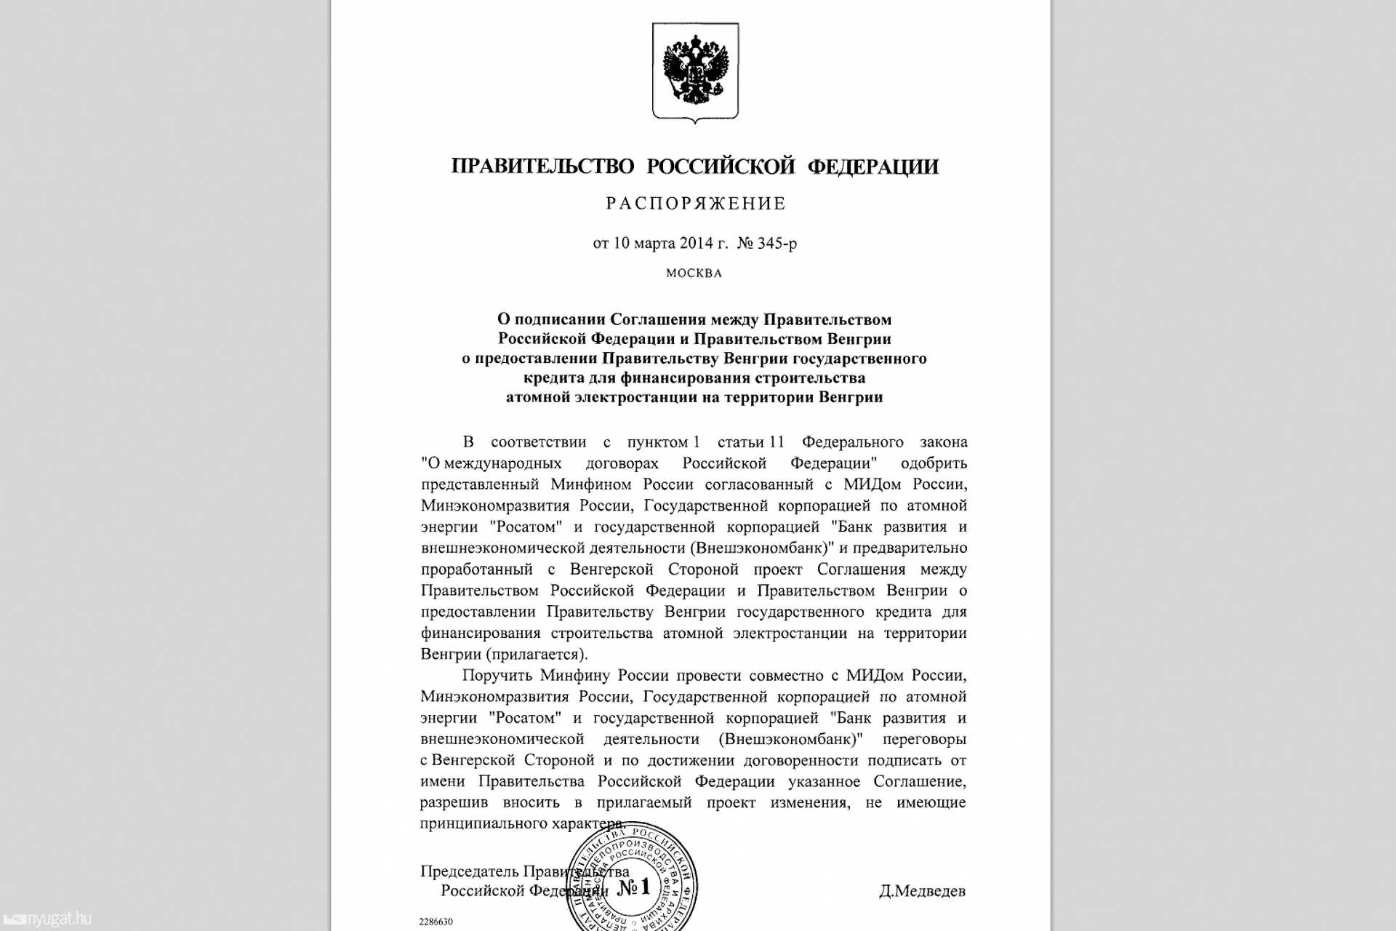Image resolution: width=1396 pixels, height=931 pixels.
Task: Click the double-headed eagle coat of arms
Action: coord(695,71)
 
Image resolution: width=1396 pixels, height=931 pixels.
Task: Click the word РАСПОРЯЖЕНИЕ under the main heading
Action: coord(696,204)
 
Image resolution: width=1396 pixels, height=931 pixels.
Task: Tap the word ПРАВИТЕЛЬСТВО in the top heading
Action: coord(542,167)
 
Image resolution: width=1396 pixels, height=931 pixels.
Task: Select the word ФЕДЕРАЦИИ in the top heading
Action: coord(873,167)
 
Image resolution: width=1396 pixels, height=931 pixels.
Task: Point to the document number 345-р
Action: coord(777,243)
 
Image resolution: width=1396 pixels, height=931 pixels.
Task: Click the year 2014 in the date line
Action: coord(696,243)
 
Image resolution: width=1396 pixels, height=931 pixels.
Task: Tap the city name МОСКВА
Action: coord(694,273)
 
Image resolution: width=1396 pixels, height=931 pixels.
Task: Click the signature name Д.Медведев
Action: coord(922,891)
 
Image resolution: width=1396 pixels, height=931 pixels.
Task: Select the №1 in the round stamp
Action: coord(633,887)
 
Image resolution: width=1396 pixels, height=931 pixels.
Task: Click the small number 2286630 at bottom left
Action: coord(436,922)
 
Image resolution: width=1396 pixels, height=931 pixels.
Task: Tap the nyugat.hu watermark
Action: coord(58,919)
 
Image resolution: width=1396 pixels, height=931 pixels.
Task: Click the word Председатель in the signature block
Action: coord(469,871)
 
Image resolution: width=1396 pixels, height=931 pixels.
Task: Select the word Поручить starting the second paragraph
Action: coord(497,675)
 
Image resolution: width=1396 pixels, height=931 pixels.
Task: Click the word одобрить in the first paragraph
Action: coord(934,463)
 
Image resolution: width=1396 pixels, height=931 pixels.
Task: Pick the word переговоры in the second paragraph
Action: coord(924,739)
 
